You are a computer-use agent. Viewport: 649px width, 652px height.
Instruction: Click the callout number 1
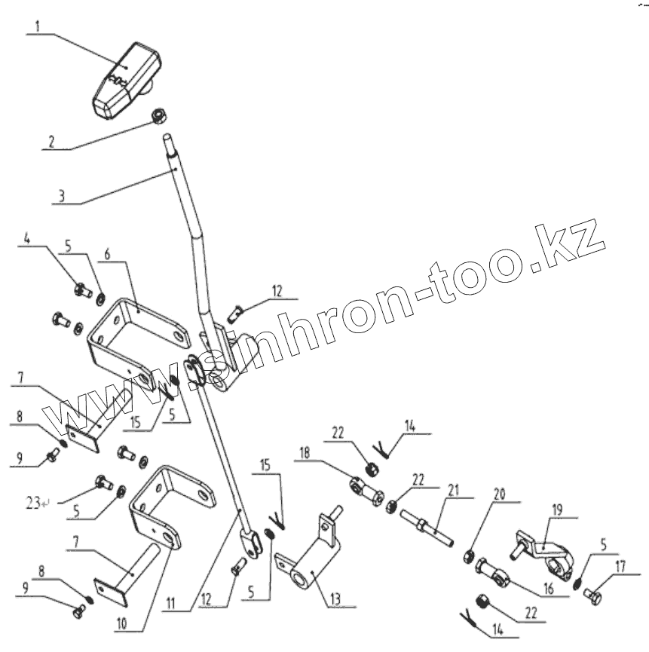point(39,25)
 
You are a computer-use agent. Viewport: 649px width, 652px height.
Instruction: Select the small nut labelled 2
point(159,115)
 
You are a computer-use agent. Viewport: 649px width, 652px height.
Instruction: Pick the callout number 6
point(109,255)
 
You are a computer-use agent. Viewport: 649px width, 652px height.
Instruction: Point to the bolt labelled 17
point(595,598)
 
